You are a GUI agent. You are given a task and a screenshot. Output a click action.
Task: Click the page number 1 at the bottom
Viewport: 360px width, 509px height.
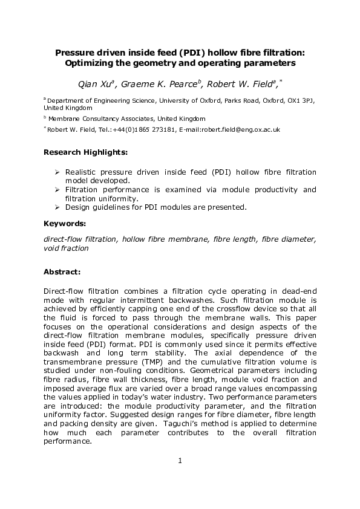[180, 462]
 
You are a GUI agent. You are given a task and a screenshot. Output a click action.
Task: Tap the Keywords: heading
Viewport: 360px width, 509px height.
[65, 224]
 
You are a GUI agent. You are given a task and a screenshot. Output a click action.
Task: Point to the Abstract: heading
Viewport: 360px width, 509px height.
[63, 271]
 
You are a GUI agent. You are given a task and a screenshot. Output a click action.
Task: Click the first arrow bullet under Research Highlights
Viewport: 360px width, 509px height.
[56, 172]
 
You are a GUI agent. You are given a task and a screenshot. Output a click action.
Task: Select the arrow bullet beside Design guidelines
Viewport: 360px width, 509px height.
[56, 207]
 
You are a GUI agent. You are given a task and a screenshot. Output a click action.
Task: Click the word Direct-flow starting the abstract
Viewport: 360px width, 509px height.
[64, 291]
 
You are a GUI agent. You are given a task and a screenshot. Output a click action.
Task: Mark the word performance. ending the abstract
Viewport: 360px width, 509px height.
[67, 441]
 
